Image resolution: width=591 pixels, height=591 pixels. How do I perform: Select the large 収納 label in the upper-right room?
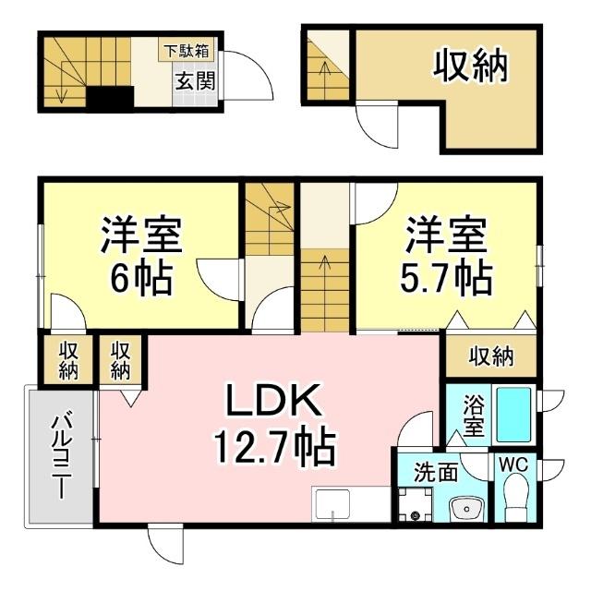click(x=472, y=67)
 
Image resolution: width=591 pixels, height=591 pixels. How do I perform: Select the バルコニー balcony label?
click(x=62, y=457)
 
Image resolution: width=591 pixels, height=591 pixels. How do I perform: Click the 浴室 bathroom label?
click(x=474, y=415)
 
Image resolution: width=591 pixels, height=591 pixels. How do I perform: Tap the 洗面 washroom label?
click(x=435, y=472)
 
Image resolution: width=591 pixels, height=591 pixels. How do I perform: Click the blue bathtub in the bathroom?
click(x=513, y=415)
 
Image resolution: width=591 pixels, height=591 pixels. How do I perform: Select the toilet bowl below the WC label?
click(x=516, y=500)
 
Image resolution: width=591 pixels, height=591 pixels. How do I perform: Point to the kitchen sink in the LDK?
click(x=332, y=504)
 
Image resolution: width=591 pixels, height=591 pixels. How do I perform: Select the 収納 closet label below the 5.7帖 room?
click(x=490, y=356)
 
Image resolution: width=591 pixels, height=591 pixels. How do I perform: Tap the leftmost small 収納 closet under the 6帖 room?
click(x=68, y=359)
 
